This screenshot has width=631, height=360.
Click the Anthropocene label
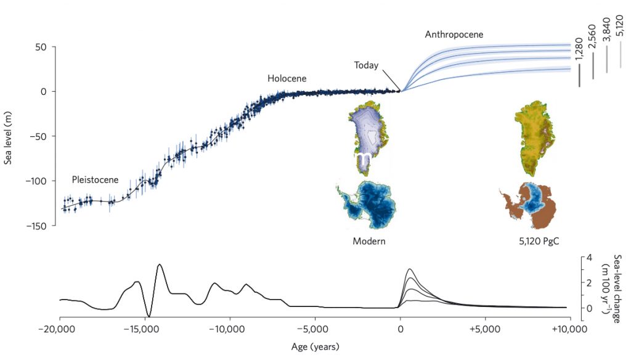[454, 35]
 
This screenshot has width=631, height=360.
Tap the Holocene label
[287, 79]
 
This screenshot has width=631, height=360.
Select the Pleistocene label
[95, 180]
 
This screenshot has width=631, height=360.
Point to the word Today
[366, 65]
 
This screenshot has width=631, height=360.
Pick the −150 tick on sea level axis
[38, 226]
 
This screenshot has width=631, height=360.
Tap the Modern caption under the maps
[368, 241]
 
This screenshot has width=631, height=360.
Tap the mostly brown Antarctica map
[531, 205]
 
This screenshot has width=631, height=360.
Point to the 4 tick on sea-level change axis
[590, 258]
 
